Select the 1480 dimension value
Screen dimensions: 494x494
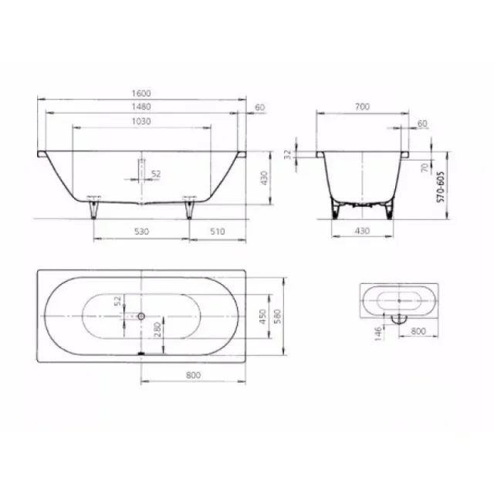click(x=140, y=107)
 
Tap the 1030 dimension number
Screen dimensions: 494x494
click(x=140, y=120)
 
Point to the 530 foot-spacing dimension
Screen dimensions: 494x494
click(x=140, y=231)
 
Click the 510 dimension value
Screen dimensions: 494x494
click(x=217, y=231)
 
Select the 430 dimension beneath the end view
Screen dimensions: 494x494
click(x=361, y=231)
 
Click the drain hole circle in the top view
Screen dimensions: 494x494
click(x=141, y=316)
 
